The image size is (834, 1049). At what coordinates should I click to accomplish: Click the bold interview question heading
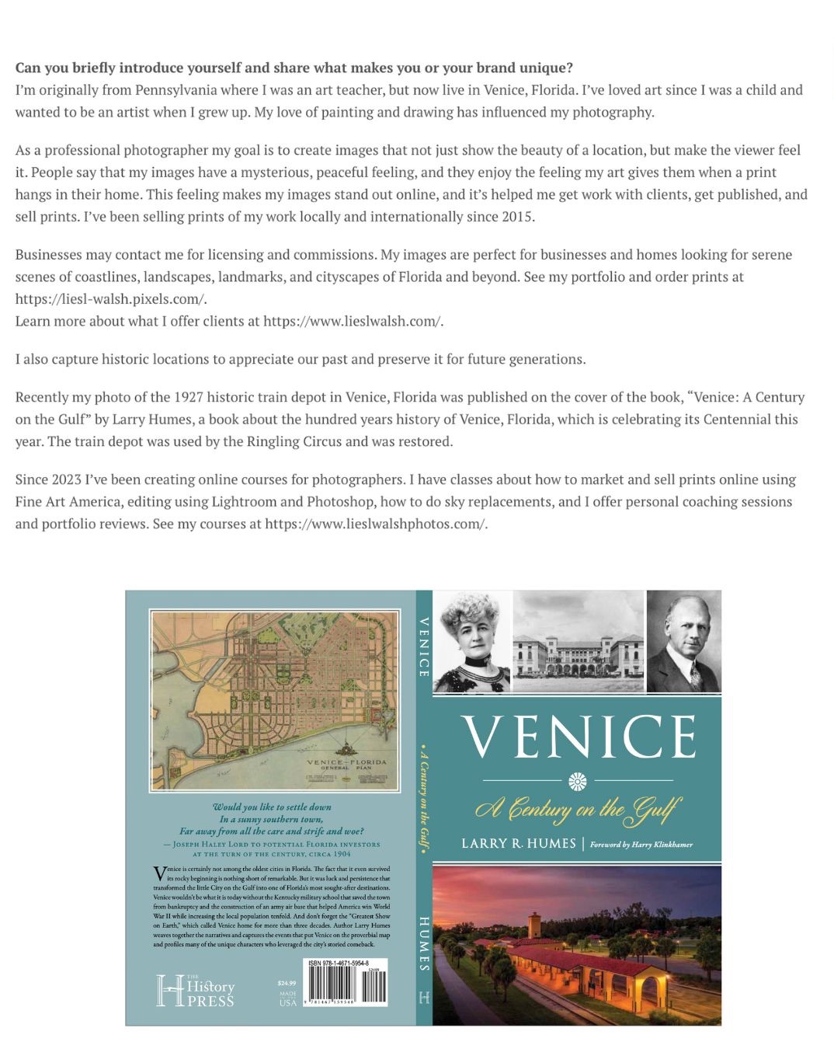tap(294, 68)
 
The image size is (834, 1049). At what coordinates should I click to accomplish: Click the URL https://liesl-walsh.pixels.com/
tap(111, 299)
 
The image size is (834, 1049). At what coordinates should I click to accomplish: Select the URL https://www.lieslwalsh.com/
tap(353, 321)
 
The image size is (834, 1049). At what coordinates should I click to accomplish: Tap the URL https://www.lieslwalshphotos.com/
tap(376, 524)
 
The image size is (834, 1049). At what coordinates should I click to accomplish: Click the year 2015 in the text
tap(516, 216)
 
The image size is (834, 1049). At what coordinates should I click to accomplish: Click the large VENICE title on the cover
tap(578, 737)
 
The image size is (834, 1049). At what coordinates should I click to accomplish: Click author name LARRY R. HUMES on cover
tap(519, 844)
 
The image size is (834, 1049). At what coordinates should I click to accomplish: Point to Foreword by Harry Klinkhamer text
tap(641, 845)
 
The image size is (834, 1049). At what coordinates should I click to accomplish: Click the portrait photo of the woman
tap(472, 641)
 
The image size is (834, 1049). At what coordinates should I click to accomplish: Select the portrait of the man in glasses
tap(683, 641)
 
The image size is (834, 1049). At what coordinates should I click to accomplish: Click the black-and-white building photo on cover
tap(579, 641)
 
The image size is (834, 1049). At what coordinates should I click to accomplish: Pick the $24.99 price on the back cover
tap(287, 983)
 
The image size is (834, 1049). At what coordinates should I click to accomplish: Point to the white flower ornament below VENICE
tap(578, 780)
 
